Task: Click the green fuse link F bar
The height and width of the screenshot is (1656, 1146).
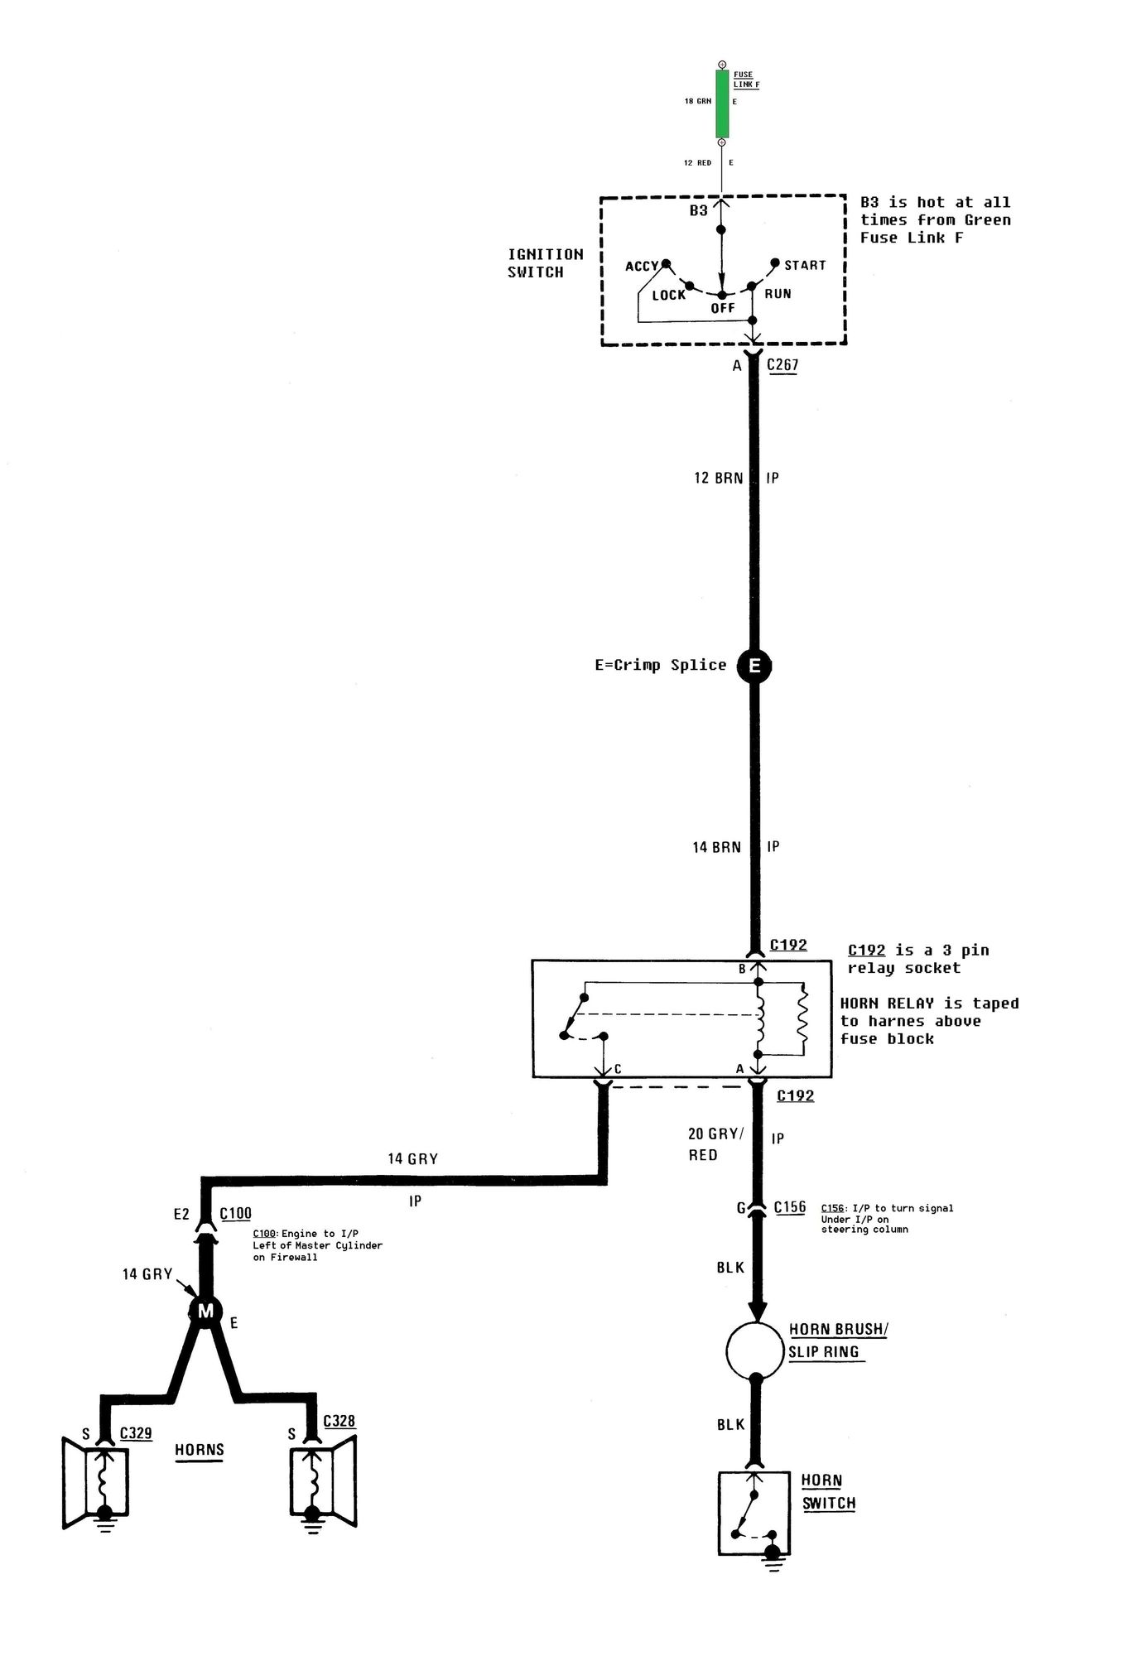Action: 722,103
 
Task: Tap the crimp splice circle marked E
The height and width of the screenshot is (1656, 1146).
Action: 754,666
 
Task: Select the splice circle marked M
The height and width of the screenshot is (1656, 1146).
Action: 205,1311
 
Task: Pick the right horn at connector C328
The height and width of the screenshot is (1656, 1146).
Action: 323,1480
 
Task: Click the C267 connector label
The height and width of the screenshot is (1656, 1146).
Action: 782,365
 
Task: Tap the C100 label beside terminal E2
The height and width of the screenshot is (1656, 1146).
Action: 235,1214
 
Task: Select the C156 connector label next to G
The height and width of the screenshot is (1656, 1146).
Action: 790,1207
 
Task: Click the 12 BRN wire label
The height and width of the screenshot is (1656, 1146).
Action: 718,478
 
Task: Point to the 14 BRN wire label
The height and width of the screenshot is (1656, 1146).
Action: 717,847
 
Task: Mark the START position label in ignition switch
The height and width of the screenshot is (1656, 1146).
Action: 805,265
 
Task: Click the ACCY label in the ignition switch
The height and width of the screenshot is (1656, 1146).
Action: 642,267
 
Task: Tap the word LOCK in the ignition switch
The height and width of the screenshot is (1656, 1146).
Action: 669,295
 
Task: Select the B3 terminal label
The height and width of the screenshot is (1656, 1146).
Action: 699,210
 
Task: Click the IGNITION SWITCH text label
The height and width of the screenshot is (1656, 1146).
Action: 546,263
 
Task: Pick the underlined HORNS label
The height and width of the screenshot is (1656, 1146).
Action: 200,1450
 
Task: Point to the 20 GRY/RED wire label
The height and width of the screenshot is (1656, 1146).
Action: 715,1144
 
